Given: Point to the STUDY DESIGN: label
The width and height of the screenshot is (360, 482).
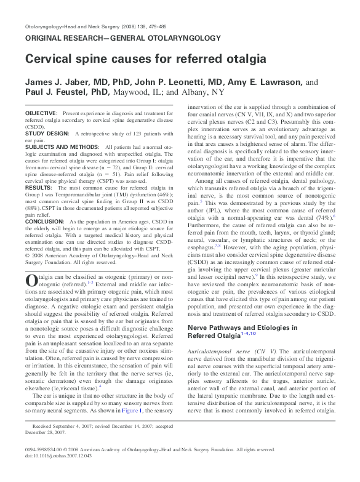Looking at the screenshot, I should (x=47, y=132).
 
